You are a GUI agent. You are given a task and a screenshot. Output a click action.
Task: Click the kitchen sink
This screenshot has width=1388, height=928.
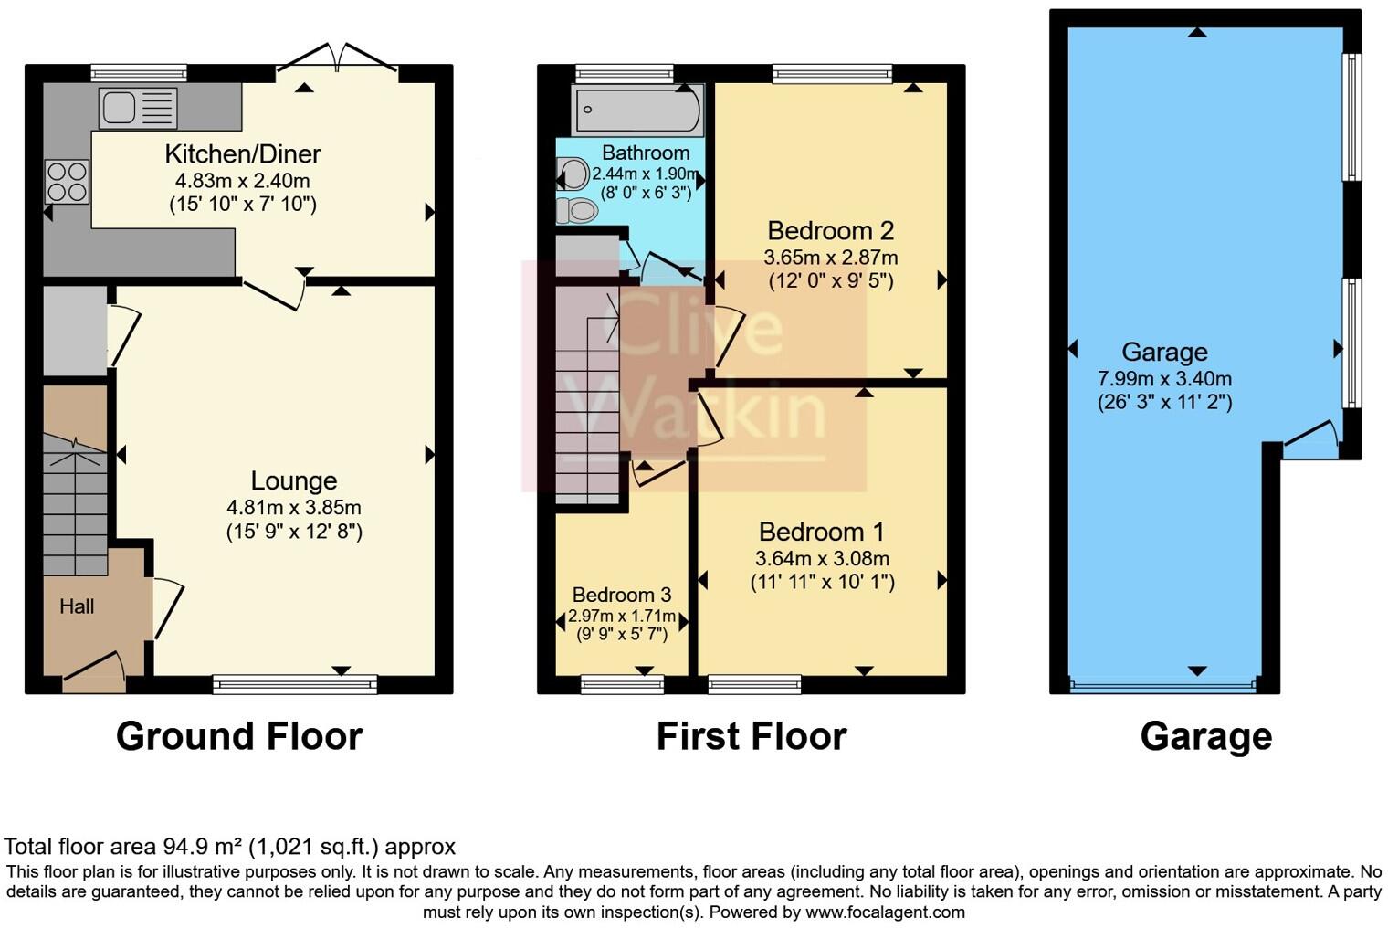click(x=137, y=108)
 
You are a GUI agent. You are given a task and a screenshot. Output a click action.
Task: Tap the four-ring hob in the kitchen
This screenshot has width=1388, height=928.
click(x=67, y=181)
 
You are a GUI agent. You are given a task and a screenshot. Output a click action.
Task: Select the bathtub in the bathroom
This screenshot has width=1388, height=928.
click(x=636, y=110)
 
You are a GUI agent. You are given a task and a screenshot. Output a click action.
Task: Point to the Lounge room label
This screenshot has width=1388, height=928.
click(x=294, y=480)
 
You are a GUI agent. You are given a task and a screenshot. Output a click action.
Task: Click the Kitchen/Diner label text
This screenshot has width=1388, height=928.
click(x=242, y=153)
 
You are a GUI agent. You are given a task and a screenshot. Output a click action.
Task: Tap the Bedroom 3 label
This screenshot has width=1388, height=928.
click(x=614, y=595)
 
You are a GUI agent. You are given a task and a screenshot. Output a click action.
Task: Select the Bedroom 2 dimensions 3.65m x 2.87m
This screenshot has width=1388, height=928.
click(x=830, y=258)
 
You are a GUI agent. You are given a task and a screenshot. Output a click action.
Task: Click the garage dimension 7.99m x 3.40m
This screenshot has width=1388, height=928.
click(x=1164, y=378)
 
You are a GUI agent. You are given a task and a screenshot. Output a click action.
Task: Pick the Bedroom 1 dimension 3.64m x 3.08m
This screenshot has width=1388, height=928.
click(x=822, y=558)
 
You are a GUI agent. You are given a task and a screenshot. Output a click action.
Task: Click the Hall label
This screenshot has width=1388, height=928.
click(x=77, y=606)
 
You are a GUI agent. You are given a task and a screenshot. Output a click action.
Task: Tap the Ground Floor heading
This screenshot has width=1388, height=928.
click(x=239, y=736)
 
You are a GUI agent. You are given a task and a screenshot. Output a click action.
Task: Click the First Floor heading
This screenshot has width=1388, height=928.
click(x=751, y=736)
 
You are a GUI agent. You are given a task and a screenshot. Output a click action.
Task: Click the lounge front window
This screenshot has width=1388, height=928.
click(x=294, y=683)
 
